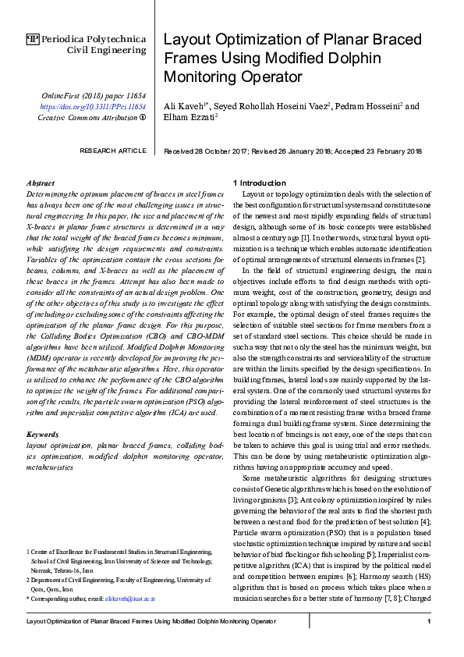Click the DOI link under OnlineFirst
(93, 106)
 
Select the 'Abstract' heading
(41, 181)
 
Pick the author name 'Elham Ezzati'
(188, 118)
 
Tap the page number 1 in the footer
(430, 622)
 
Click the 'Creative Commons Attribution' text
(87, 117)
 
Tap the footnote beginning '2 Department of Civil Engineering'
(116, 580)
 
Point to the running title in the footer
(151, 622)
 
